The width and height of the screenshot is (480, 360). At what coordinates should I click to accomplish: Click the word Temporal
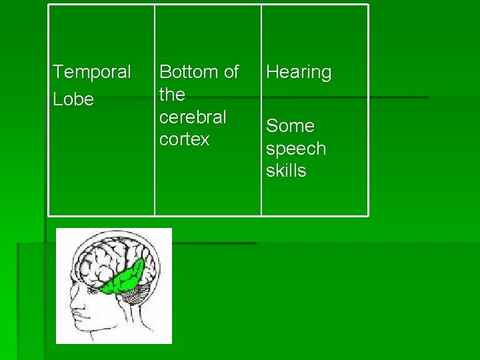(92, 71)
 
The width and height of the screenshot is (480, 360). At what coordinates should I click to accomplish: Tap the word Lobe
(73, 99)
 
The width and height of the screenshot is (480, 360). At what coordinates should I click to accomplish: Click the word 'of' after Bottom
(229, 72)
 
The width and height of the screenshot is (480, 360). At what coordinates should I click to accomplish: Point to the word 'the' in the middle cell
(172, 95)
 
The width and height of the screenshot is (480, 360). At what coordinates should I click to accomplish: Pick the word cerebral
(193, 117)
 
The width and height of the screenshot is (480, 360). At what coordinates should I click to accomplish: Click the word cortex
(185, 139)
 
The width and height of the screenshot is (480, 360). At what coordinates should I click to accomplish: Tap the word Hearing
(299, 72)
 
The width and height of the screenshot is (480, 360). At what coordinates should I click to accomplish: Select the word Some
(290, 126)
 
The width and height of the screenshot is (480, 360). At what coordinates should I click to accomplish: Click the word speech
(296, 149)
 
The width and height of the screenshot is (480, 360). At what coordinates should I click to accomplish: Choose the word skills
(286, 171)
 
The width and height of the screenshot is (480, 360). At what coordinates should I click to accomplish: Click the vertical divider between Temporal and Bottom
(155, 110)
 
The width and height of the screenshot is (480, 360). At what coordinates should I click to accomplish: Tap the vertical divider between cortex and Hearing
(261, 110)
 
